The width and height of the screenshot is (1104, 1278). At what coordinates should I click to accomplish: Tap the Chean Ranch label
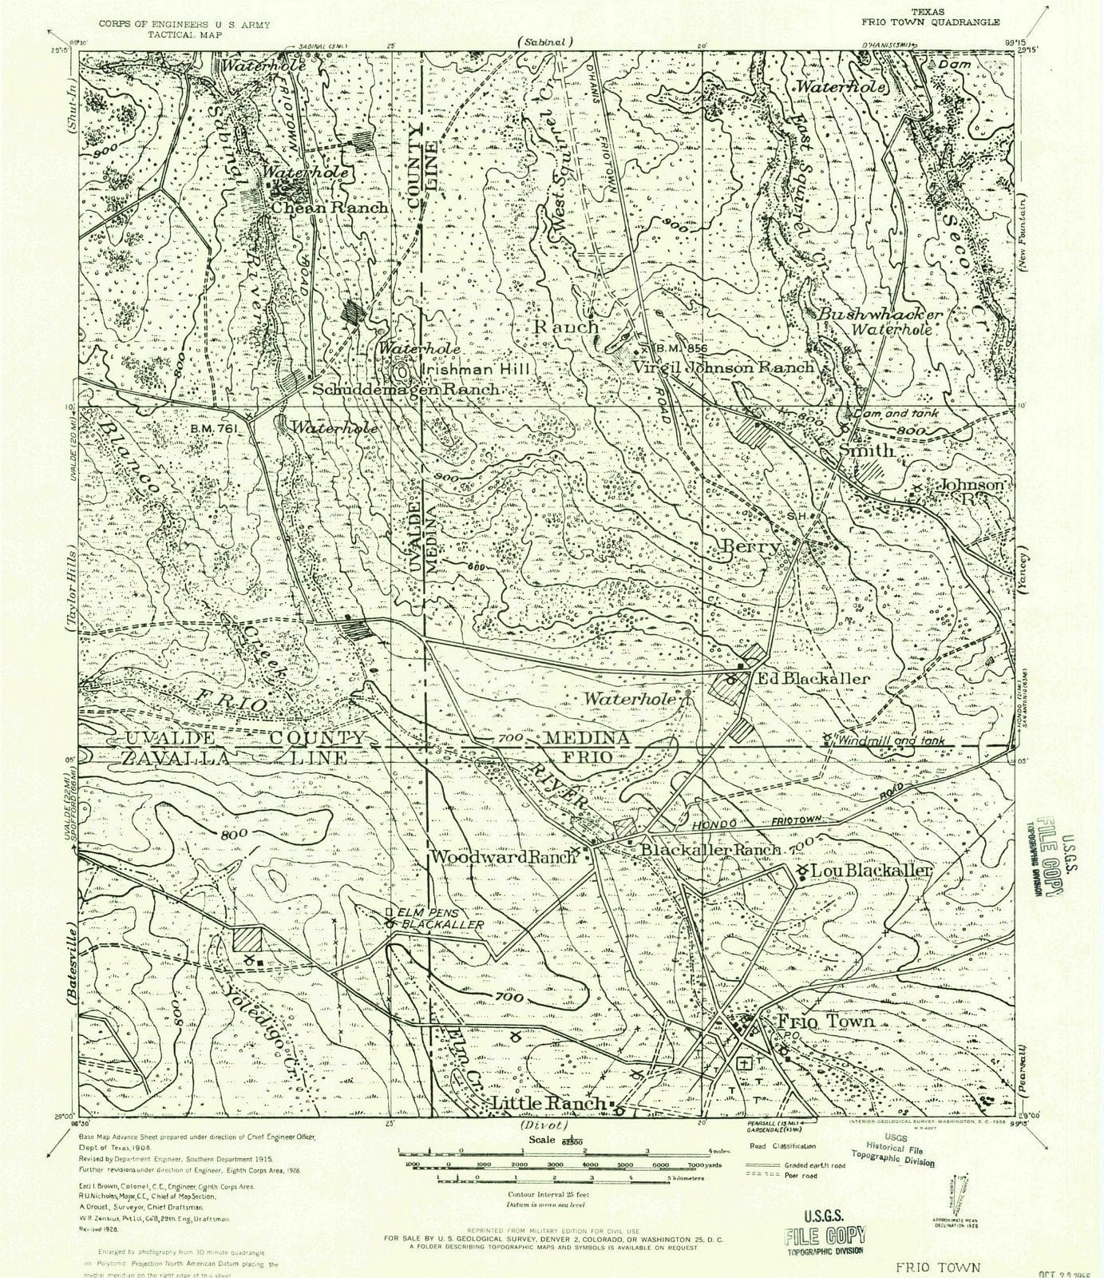tap(330, 208)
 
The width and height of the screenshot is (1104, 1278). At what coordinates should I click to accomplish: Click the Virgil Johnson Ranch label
tap(723, 367)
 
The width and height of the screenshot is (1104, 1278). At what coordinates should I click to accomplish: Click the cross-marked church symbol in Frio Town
tap(744, 1063)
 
